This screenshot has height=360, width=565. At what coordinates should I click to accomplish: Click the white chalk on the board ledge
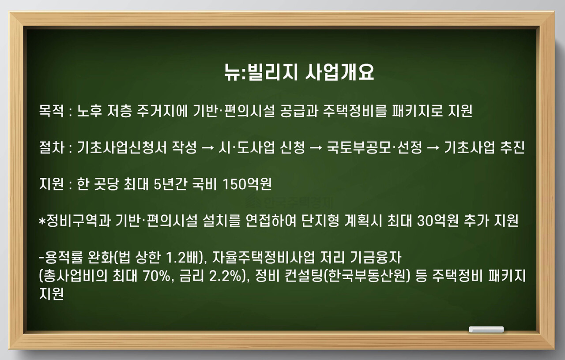tap(486, 329)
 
